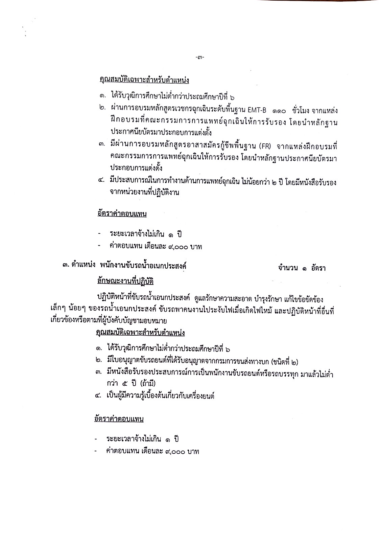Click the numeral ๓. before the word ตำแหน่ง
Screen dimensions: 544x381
click(66, 267)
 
